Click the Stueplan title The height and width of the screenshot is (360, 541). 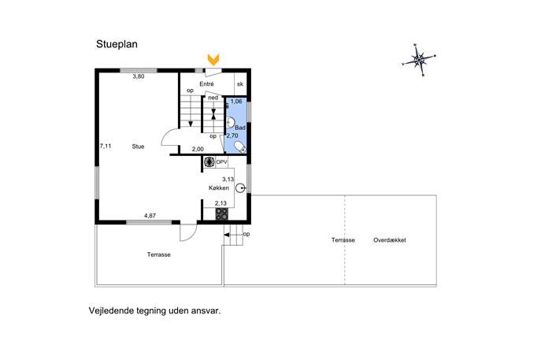(117, 45)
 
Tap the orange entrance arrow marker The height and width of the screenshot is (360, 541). (213, 59)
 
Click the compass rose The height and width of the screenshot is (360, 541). (419, 60)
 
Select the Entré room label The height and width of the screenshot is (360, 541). (206, 84)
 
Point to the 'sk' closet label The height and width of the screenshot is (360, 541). (240, 84)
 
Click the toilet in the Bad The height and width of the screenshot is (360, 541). (240, 147)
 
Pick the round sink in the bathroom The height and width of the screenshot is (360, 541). (230, 123)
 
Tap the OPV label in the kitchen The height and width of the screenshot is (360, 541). (221, 161)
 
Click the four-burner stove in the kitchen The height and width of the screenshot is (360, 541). (221, 214)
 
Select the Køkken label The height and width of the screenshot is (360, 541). (219, 188)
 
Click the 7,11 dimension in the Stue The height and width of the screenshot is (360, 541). (106, 146)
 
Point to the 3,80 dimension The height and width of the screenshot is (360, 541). (139, 76)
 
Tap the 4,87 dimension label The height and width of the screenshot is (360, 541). (150, 216)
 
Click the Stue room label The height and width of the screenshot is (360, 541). (138, 147)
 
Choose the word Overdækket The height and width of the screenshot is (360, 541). (390, 240)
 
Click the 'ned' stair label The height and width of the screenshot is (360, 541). (213, 98)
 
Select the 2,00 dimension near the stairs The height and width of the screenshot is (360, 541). (198, 149)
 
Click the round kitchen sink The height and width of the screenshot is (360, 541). (240, 188)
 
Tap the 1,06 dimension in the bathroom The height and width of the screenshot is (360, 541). (236, 102)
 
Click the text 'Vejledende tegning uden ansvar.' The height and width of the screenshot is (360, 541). (154, 310)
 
